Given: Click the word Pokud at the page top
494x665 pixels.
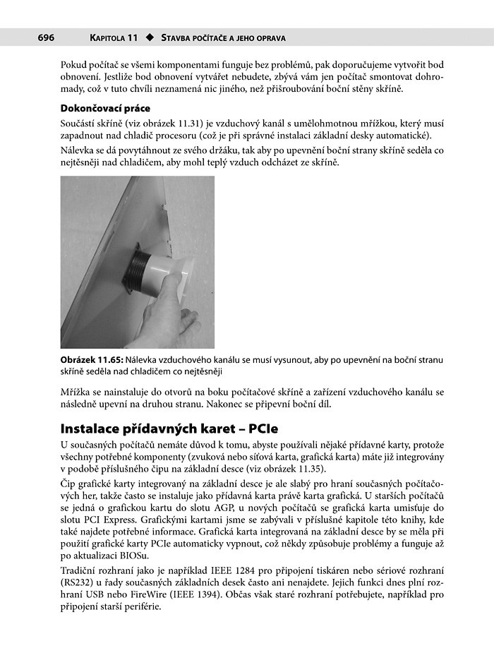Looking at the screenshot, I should (x=75, y=64).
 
